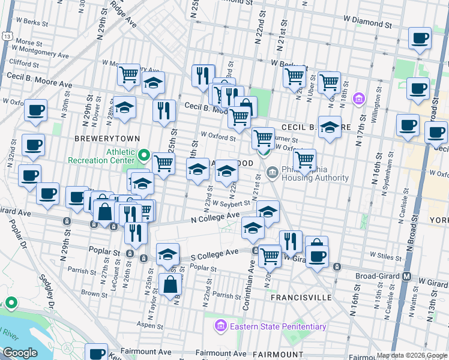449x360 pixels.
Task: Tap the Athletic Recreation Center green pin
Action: pyautogui.click(x=143, y=156)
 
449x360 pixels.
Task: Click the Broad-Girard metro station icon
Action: pyautogui.click(x=406, y=277)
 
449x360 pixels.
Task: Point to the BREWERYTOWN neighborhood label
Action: pyautogui.click(x=98, y=138)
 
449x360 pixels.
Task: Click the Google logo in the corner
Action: pyautogui.click(x=20, y=353)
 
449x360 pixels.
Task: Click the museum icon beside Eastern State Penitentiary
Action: pyautogui.click(x=220, y=327)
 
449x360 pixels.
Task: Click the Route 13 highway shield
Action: pyautogui.click(x=6, y=36)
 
